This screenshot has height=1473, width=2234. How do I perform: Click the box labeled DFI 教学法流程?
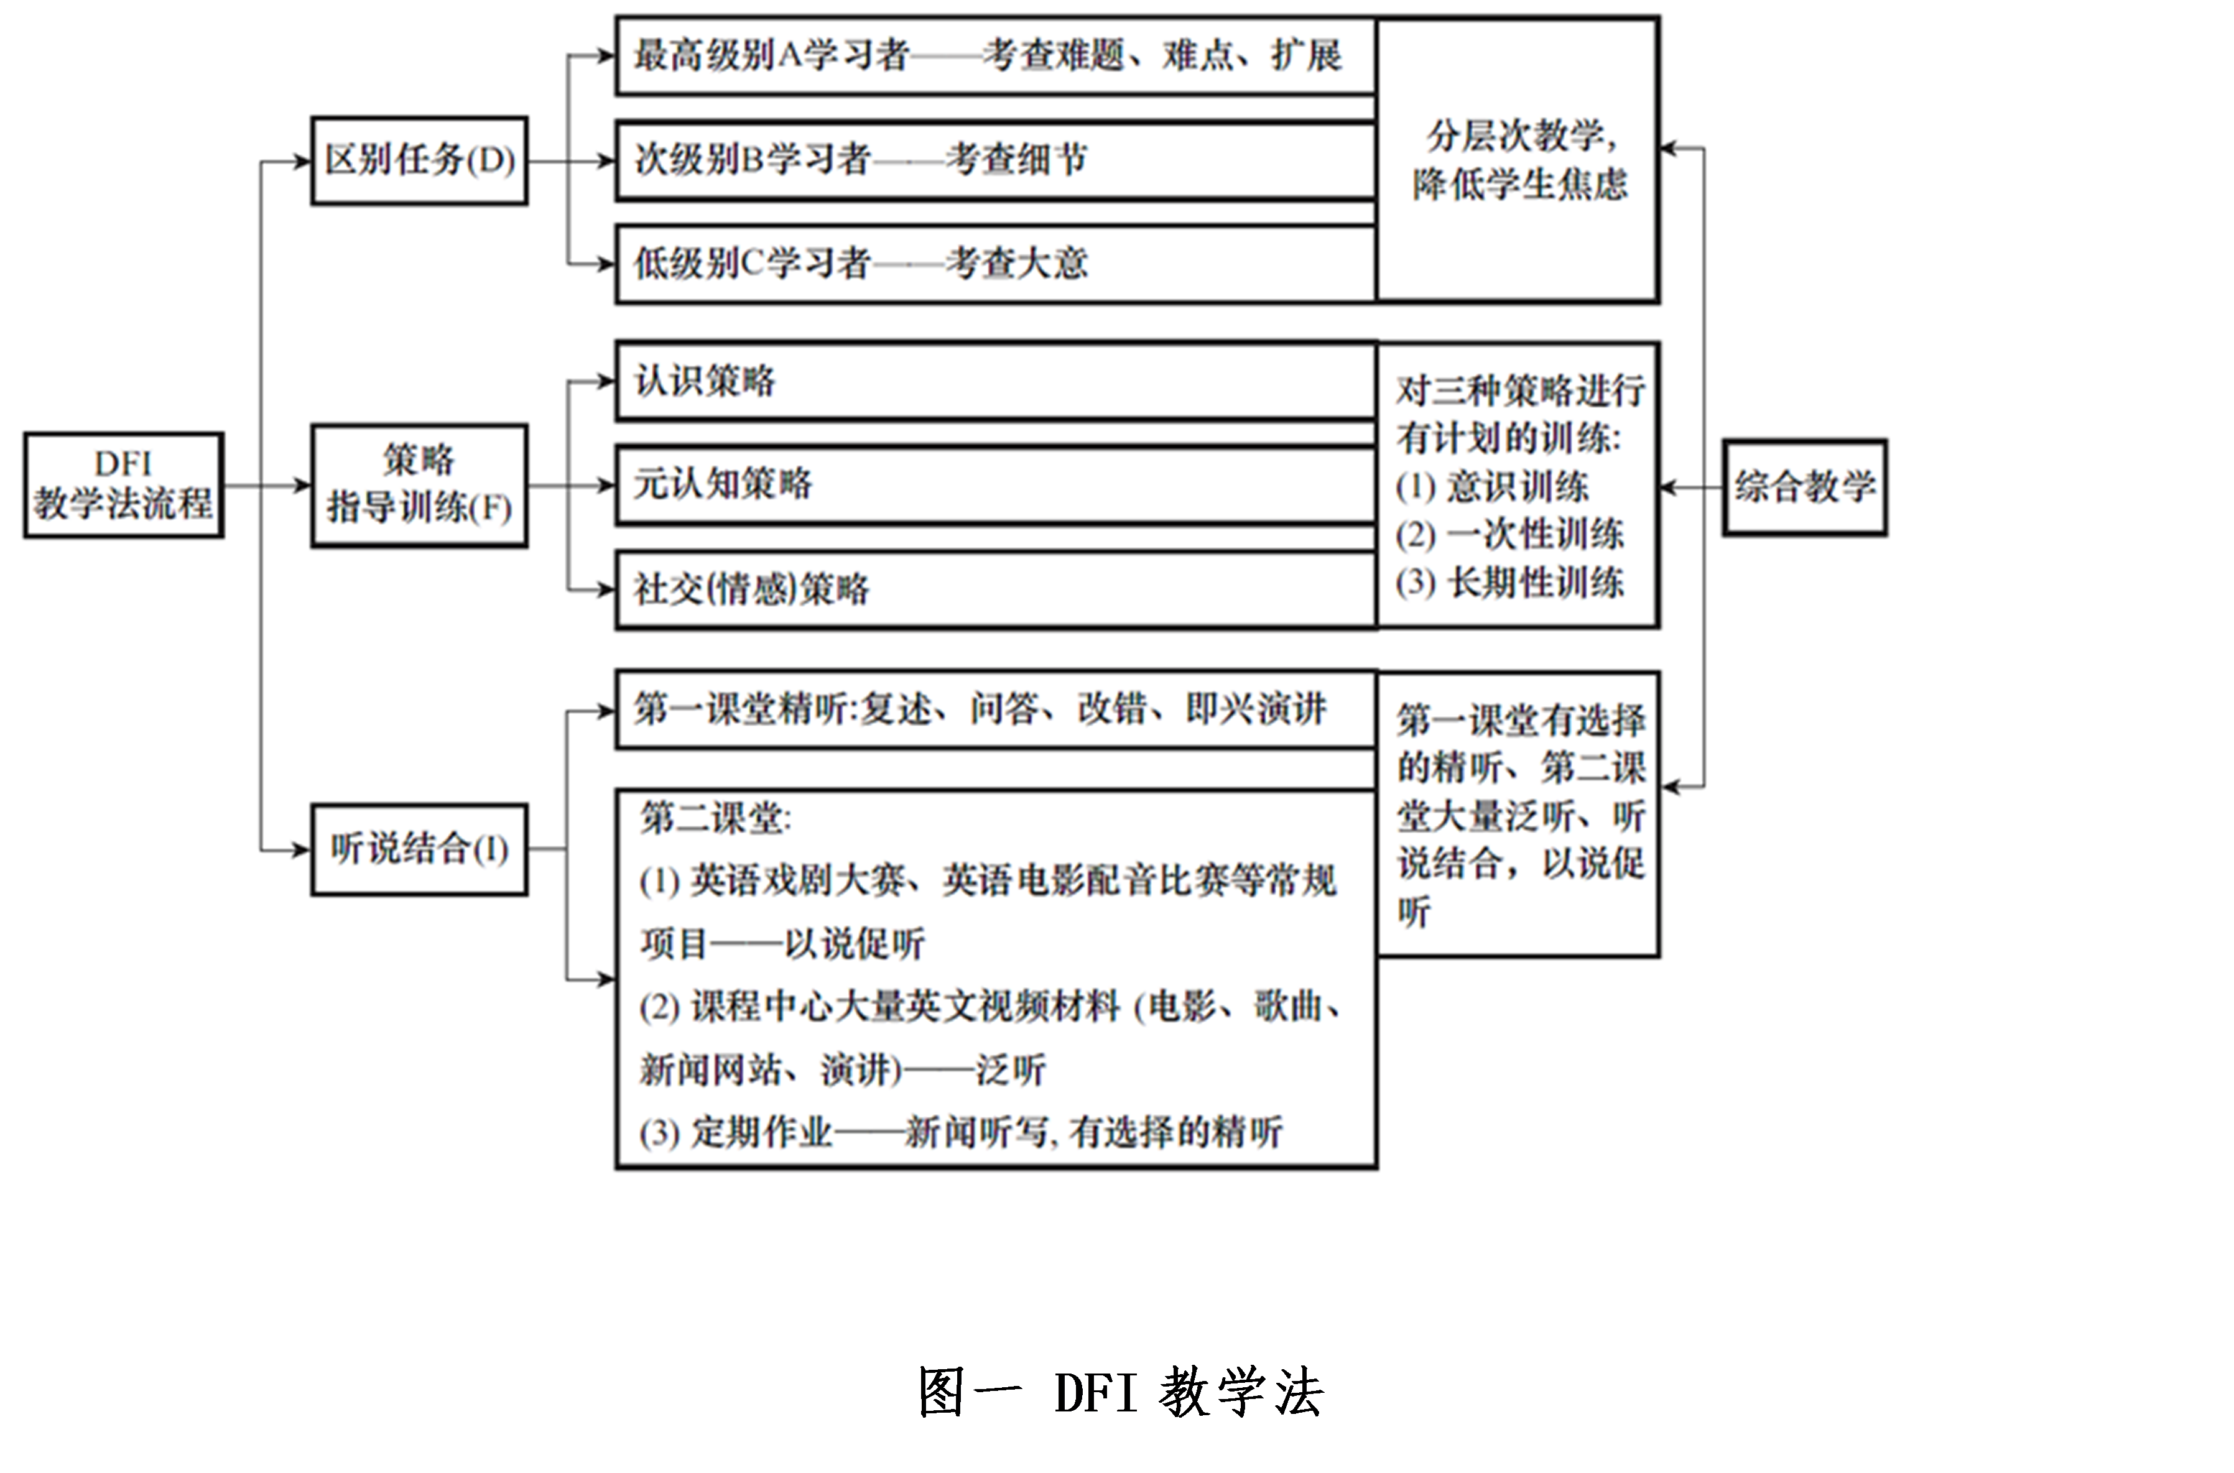pyautogui.click(x=124, y=485)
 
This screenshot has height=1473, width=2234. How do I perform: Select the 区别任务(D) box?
pyautogui.click(x=419, y=160)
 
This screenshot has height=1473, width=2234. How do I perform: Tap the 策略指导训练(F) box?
pyautogui.click(x=419, y=486)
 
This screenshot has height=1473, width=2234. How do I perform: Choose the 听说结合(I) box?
pyautogui.click(x=419, y=849)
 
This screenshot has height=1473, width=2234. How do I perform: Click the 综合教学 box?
pyautogui.click(x=1805, y=487)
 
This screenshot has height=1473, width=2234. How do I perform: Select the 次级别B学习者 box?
pyautogui.click(x=996, y=160)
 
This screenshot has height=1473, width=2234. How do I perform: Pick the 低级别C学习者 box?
pyautogui.click(x=996, y=264)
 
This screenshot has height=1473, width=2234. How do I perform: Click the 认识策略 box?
pyautogui.click(x=996, y=381)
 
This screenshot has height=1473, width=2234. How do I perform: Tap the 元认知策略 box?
pyautogui.click(x=996, y=485)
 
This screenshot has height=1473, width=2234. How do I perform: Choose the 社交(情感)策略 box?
pyautogui.click(x=996, y=589)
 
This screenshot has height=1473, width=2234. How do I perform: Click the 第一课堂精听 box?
pyautogui.click(x=996, y=709)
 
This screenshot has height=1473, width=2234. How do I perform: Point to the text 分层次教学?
pyautogui.click(x=1515, y=136)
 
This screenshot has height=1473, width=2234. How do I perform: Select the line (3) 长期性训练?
pyautogui.click(x=1509, y=583)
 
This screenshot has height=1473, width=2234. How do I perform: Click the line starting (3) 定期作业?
pyautogui.click(x=960, y=1132)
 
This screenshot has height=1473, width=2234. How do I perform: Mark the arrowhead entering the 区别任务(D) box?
pyautogui.click(x=302, y=162)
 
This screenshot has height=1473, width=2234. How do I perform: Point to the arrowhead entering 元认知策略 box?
pyautogui.click(x=606, y=486)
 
